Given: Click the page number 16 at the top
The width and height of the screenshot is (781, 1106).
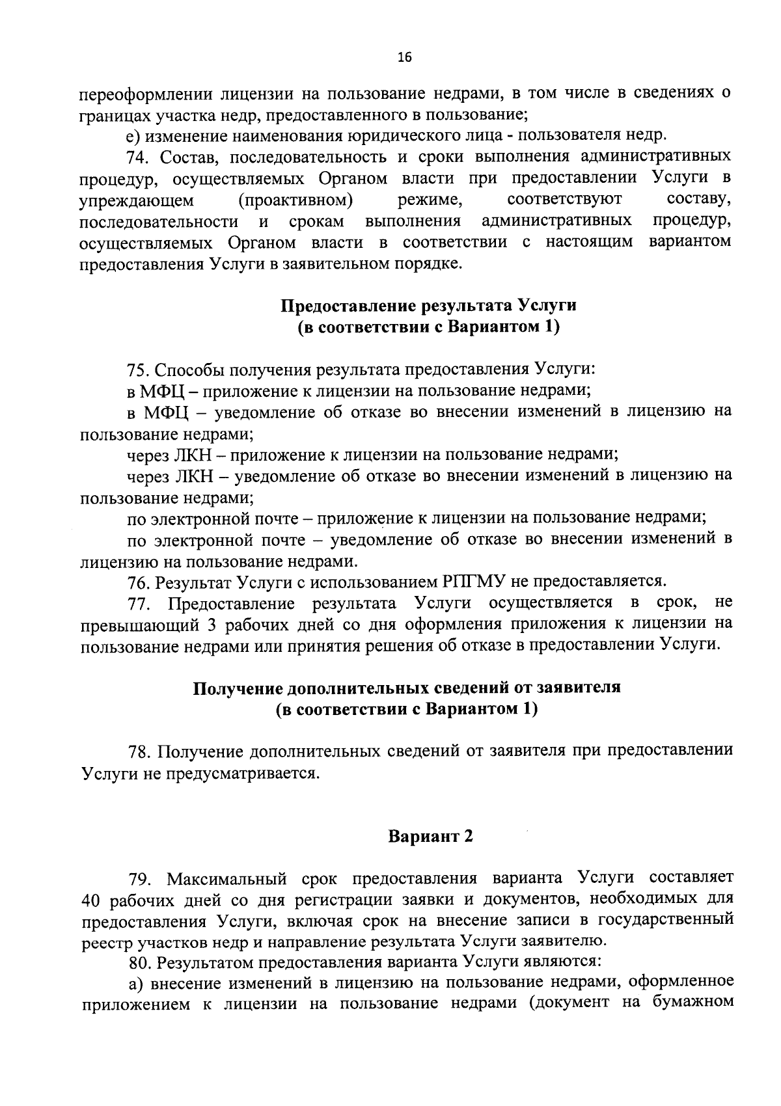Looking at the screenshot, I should pyautogui.click(x=404, y=58).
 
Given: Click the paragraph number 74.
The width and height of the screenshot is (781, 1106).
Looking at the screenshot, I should pyautogui.click(x=139, y=157).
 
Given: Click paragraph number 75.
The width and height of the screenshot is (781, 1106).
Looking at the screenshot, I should pyautogui.click(x=139, y=370).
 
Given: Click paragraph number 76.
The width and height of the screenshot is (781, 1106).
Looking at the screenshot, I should pyautogui.click(x=139, y=581).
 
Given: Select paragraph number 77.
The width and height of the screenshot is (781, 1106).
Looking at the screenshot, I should pyautogui.click(x=139, y=603).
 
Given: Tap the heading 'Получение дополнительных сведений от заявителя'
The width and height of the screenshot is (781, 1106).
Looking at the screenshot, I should pyautogui.click(x=407, y=688).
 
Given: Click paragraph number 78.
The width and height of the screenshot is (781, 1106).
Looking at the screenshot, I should pyautogui.click(x=139, y=751).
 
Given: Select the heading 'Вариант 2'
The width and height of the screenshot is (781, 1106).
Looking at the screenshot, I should pyautogui.click(x=430, y=837).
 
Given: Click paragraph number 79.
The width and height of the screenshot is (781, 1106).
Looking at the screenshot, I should pyautogui.click(x=139, y=879).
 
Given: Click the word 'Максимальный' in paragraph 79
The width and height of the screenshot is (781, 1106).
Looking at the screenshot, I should pyautogui.click(x=227, y=879).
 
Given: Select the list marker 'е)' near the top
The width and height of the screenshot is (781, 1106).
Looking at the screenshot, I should pyautogui.click(x=133, y=136).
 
